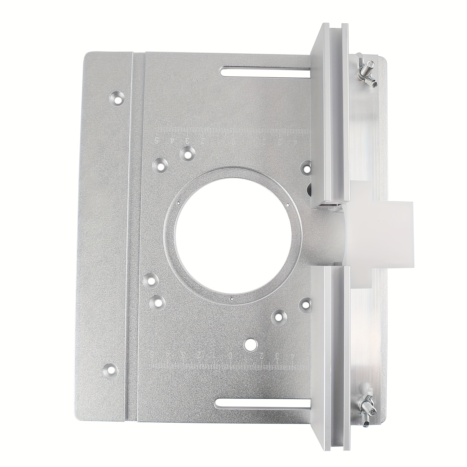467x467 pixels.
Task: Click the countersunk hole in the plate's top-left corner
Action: tap(118, 98)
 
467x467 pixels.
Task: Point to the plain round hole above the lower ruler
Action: tap(250, 345)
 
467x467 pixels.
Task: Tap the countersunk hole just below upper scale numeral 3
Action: tap(187, 154)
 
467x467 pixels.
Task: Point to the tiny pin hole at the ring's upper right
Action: tap(287, 205)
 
